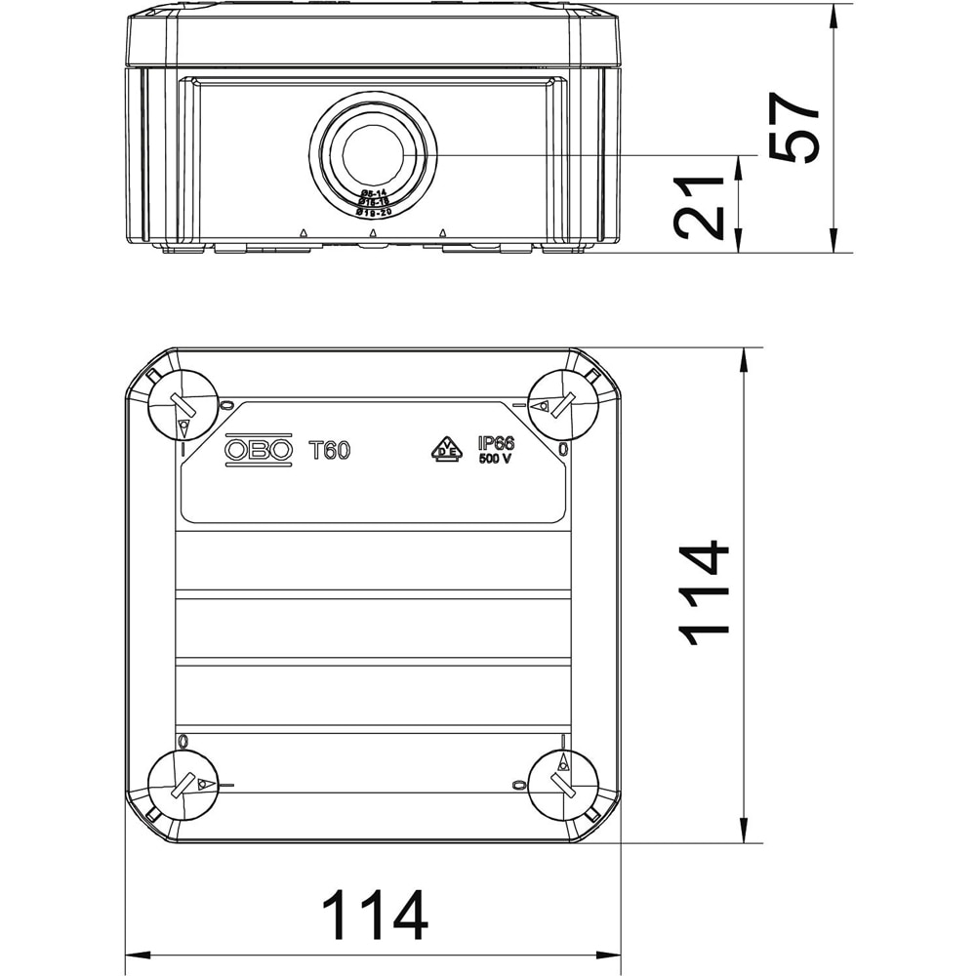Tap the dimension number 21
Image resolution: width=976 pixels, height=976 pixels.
pos(701,208)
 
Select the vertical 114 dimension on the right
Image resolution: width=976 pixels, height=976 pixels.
pos(705,592)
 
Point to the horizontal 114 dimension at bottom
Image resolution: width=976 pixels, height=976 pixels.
pos(375,915)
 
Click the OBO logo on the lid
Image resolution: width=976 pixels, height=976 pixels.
pos(259,449)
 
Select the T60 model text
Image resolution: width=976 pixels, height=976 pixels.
pos(329,450)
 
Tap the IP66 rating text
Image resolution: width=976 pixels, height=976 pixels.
pos(496,443)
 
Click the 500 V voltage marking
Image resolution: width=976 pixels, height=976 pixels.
pos(495,460)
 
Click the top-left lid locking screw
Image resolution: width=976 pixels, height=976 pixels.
pos(182,406)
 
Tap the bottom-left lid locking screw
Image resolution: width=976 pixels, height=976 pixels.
pos(182,786)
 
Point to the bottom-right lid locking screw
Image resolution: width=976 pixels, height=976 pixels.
pos(563,786)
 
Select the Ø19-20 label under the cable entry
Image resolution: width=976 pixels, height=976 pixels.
pos(373,212)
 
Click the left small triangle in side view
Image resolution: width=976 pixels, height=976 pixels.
pos(304,232)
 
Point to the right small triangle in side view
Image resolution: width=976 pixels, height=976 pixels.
pos(443,232)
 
